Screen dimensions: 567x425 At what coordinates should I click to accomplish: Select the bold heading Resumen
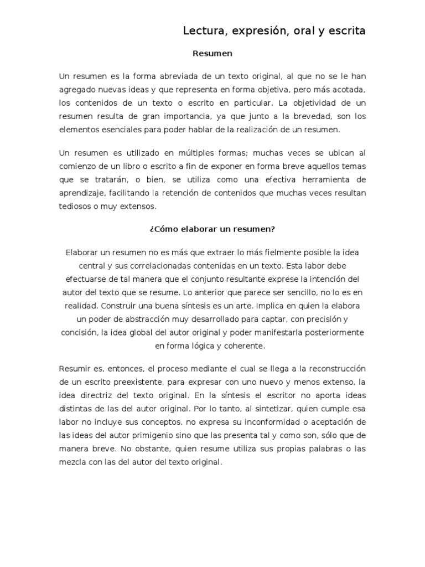212,54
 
